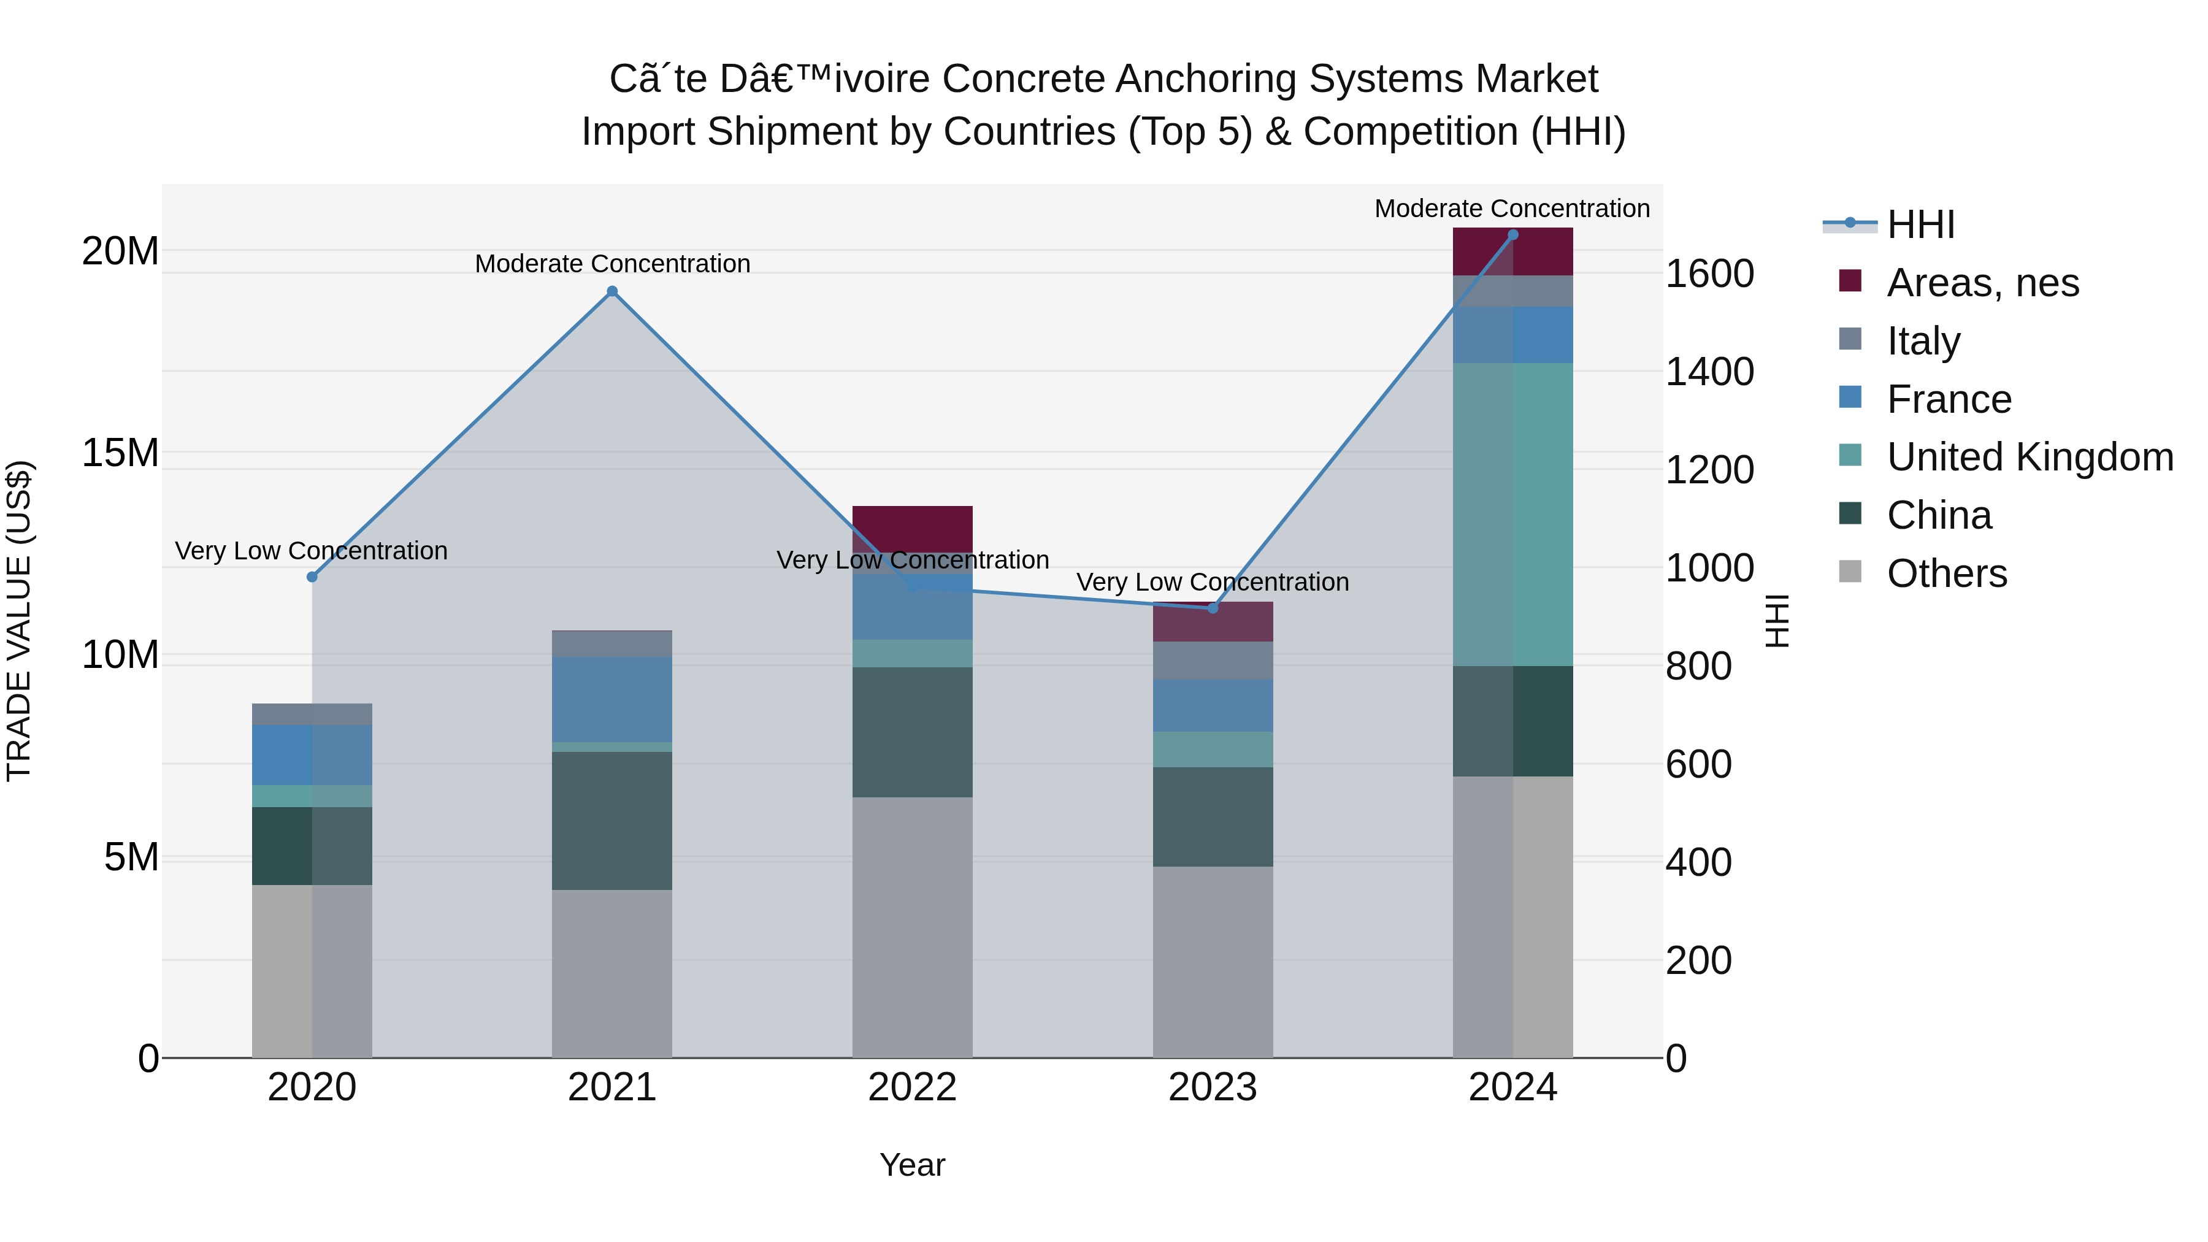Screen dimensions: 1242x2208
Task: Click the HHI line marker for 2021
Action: click(x=612, y=291)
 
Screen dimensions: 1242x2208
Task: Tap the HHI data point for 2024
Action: click(x=1513, y=235)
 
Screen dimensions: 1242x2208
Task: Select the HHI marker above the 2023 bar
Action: click(x=1212, y=608)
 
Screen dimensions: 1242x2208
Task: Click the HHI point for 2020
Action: click(x=312, y=577)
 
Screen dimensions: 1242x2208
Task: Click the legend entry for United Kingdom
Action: click(x=2029, y=457)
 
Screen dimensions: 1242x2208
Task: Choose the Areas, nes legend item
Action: click(x=1982, y=283)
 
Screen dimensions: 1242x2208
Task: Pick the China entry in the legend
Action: click(x=1939, y=515)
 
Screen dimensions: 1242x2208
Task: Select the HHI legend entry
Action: click(x=1920, y=224)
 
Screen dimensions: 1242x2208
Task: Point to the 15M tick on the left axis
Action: click(x=120, y=453)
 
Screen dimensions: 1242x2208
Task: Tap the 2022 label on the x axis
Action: click(x=912, y=1087)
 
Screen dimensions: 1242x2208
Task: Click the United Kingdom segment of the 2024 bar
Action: click(x=1513, y=515)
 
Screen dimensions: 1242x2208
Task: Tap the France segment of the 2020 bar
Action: click(x=312, y=754)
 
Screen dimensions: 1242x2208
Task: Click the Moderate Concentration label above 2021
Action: click(x=612, y=264)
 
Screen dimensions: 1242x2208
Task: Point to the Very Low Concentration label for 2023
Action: click(x=1212, y=582)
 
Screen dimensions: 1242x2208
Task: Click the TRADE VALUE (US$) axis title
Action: click(x=19, y=621)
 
